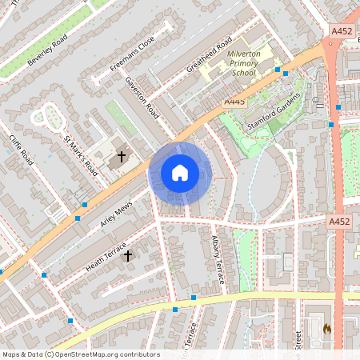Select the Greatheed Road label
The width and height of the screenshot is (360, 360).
tap(209, 54)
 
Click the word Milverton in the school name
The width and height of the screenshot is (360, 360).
tap(244, 53)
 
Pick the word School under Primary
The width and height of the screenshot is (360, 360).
tap(244, 73)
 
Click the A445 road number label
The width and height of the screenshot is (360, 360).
tap(234, 102)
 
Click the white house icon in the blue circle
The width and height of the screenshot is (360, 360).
tap(180, 173)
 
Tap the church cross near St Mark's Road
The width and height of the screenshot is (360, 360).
tap(122, 157)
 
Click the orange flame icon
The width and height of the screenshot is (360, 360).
tap(326, 329)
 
